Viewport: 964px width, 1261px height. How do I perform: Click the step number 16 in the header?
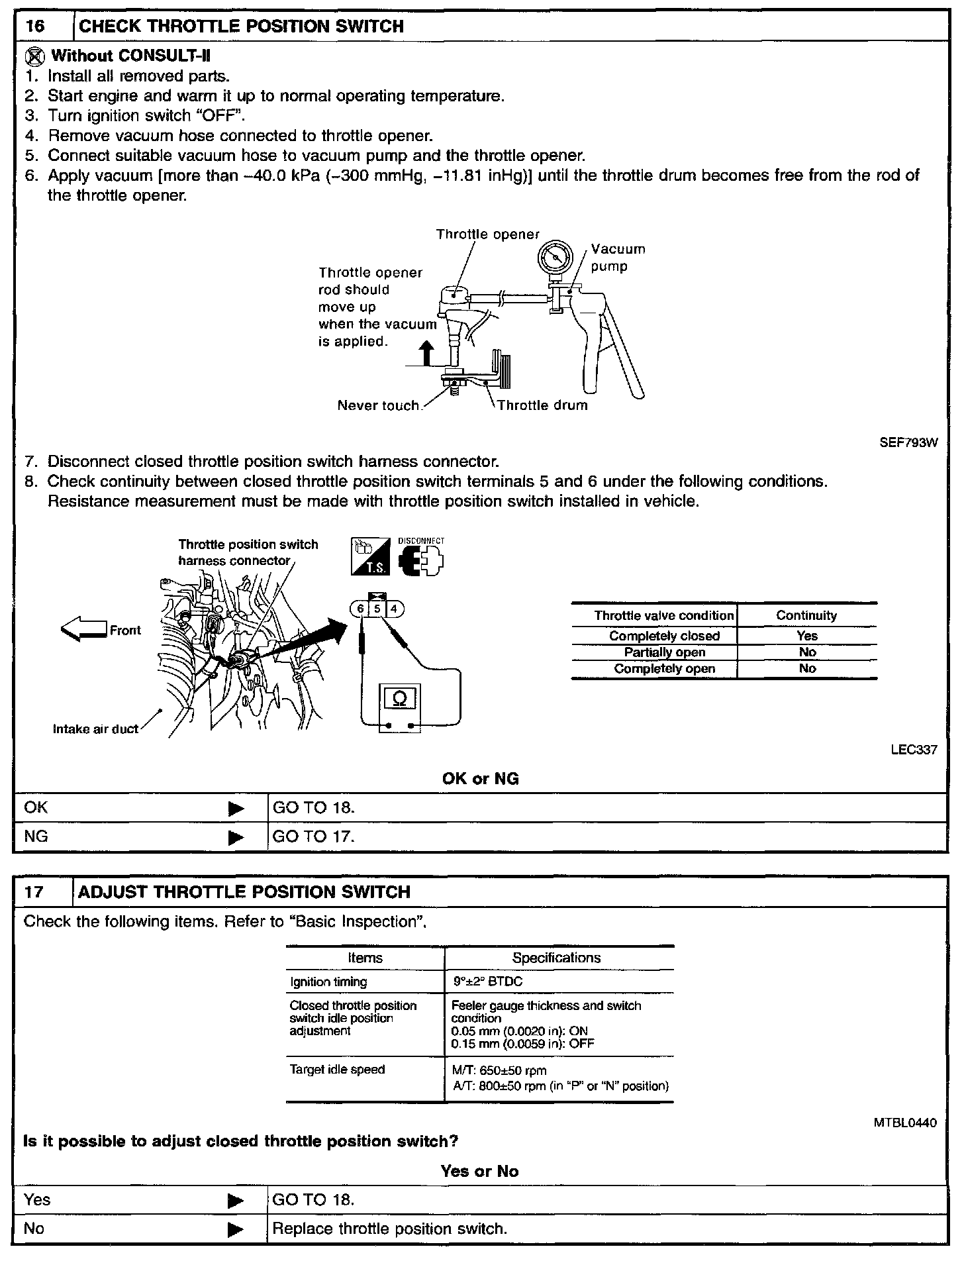pos(34,26)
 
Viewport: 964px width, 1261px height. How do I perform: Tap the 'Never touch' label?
pos(378,405)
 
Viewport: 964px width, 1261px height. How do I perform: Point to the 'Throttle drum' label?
pos(542,405)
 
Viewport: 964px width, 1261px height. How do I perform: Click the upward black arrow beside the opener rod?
pos(427,353)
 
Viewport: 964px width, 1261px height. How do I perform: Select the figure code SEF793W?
pos(908,443)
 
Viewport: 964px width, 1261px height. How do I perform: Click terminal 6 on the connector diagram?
pos(360,609)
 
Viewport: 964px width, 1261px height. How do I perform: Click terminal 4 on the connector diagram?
pos(394,609)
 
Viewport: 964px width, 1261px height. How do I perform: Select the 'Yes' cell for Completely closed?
pos(807,636)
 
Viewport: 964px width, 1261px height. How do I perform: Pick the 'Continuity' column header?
pos(806,615)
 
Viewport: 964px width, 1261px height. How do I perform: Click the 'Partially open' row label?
pos(664,652)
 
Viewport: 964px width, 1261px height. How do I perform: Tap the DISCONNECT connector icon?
pos(421,560)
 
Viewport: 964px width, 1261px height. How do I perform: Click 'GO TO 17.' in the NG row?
pos(314,836)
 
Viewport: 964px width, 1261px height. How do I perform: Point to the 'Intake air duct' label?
pos(95,729)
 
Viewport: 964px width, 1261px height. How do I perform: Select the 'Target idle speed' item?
pos(337,1070)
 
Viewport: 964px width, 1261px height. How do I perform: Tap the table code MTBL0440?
pos(905,1123)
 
